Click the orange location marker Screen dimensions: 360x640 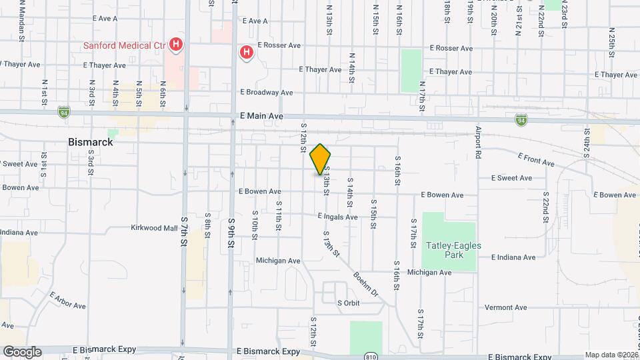click(x=321, y=159)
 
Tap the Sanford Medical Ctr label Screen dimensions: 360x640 click(x=124, y=46)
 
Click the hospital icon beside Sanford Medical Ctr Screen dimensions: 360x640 click(x=175, y=45)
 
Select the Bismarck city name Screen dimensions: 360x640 click(x=91, y=142)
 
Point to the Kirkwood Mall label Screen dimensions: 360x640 click(x=154, y=227)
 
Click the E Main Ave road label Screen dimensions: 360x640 click(x=261, y=116)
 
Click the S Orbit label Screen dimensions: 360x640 click(x=348, y=303)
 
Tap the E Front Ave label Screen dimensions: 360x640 click(x=536, y=159)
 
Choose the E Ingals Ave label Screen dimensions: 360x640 click(x=340, y=216)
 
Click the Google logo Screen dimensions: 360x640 click(x=22, y=351)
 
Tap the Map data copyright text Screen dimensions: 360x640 click(x=611, y=355)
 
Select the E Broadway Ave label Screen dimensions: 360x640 click(x=266, y=92)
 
